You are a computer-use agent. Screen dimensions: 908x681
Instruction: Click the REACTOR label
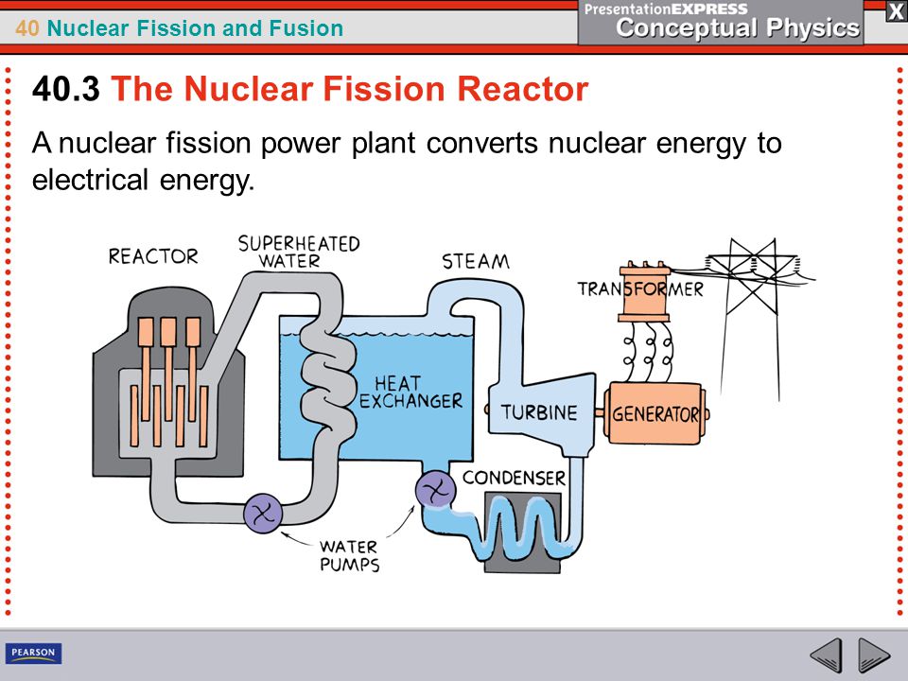[153, 256]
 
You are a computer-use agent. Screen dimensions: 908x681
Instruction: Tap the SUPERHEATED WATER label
[299, 252]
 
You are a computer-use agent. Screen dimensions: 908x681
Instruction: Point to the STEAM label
[476, 262]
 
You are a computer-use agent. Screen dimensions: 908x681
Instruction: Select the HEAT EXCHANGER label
[410, 392]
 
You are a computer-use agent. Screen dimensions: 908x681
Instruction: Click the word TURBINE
[539, 412]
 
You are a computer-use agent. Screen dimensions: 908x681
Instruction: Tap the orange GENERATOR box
[655, 413]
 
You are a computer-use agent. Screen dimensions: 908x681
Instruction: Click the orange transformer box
[644, 291]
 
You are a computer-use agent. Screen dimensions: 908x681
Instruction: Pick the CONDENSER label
[514, 478]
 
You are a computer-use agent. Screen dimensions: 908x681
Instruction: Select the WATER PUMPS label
[350, 555]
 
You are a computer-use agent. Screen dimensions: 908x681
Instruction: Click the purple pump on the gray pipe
[263, 513]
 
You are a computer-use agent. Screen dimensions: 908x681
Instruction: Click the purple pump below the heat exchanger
[435, 491]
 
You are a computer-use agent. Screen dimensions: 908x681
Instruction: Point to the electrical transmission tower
[752, 318]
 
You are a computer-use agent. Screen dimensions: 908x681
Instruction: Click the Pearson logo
[34, 653]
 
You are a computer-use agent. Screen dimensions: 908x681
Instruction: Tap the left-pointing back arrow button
[827, 655]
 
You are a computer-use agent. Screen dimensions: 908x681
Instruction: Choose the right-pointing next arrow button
[874, 655]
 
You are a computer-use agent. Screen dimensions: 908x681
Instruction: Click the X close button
[896, 12]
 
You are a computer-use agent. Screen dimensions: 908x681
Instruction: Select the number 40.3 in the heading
[66, 89]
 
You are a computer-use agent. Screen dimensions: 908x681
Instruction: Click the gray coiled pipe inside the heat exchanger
[328, 376]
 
